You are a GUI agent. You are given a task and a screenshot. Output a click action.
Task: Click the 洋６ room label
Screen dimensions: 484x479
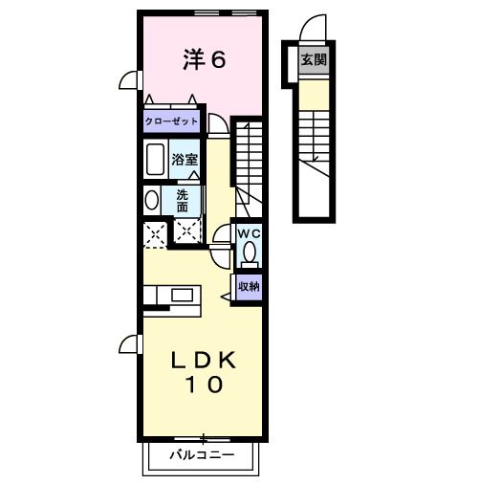[204, 60]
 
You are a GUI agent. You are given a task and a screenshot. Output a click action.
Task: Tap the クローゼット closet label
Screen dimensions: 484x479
[172, 121]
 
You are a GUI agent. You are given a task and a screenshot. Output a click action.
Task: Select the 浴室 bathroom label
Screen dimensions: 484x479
[185, 160]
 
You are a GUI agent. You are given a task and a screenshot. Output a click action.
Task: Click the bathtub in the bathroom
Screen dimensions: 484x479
[155, 159]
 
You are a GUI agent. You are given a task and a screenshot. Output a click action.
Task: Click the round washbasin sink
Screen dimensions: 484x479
[151, 201]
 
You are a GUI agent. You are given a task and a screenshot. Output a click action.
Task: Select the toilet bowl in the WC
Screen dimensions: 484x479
[249, 253]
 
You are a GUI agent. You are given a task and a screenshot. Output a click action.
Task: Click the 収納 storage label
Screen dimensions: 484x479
[248, 286]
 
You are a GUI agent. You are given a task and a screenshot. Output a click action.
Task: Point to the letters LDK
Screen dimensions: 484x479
[203, 361]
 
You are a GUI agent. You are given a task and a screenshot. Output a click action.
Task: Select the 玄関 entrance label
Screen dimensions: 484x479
[312, 59]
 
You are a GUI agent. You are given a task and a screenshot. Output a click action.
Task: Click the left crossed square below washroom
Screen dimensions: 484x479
[154, 232]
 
